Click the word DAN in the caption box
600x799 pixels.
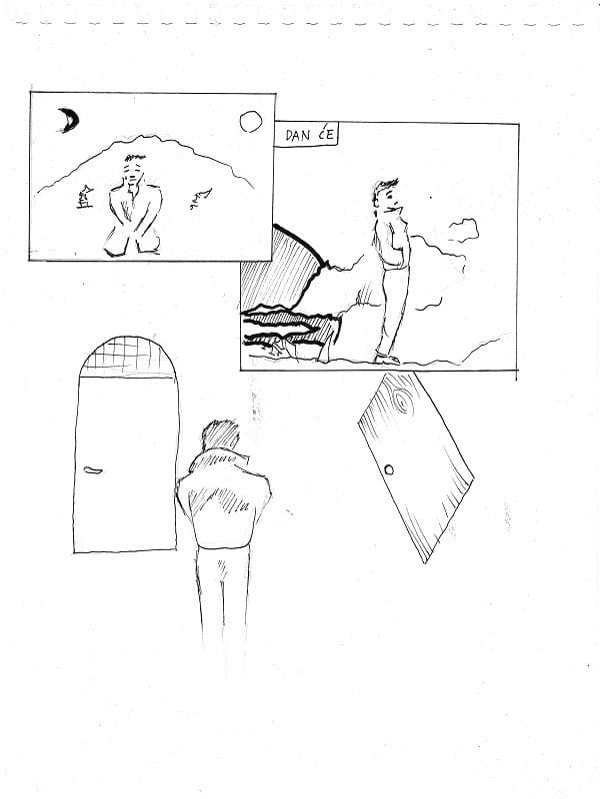(x=298, y=136)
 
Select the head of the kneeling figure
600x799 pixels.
(x=134, y=169)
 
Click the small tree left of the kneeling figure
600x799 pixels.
(x=85, y=197)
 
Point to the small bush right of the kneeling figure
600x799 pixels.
(x=202, y=198)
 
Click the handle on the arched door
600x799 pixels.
(x=93, y=469)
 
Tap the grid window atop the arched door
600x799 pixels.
(x=128, y=357)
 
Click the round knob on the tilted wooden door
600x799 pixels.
(x=389, y=469)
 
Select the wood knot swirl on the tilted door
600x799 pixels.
(x=402, y=401)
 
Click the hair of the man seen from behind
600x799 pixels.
(x=220, y=434)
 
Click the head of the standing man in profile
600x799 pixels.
(x=386, y=195)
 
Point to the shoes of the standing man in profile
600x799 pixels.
(x=386, y=359)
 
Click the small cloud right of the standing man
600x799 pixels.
(x=463, y=230)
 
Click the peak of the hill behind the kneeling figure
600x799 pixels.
(x=145, y=137)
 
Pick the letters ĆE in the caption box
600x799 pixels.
(x=326, y=135)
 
